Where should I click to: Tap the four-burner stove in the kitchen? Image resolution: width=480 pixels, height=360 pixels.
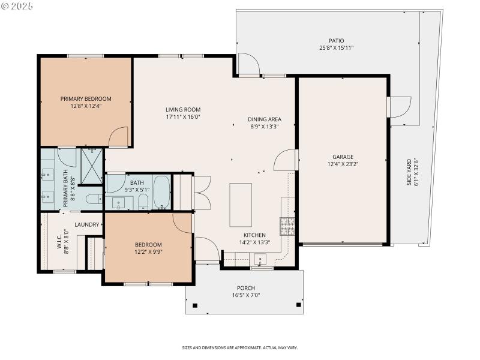(x=287, y=226)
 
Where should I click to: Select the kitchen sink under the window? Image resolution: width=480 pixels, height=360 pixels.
(x=260, y=260)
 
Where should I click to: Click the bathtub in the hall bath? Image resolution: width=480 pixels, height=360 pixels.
(x=162, y=191)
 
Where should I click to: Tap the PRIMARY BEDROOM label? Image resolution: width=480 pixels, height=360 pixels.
(x=86, y=99)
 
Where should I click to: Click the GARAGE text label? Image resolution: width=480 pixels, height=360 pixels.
(x=343, y=157)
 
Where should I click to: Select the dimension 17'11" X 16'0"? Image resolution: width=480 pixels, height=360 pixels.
(x=183, y=117)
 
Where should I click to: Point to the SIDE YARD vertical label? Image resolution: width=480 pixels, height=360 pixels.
(x=409, y=172)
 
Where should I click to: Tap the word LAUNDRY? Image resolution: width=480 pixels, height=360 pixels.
(x=86, y=224)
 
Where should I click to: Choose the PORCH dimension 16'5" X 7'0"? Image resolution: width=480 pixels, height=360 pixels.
(x=246, y=295)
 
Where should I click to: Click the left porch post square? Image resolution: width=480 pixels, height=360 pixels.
(x=194, y=305)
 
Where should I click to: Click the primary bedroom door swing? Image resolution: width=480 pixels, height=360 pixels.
(x=119, y=137)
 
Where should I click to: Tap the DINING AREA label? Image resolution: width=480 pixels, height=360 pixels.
(x=265, y=119)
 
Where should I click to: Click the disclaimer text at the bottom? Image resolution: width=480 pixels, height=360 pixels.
(x=240, y=347)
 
